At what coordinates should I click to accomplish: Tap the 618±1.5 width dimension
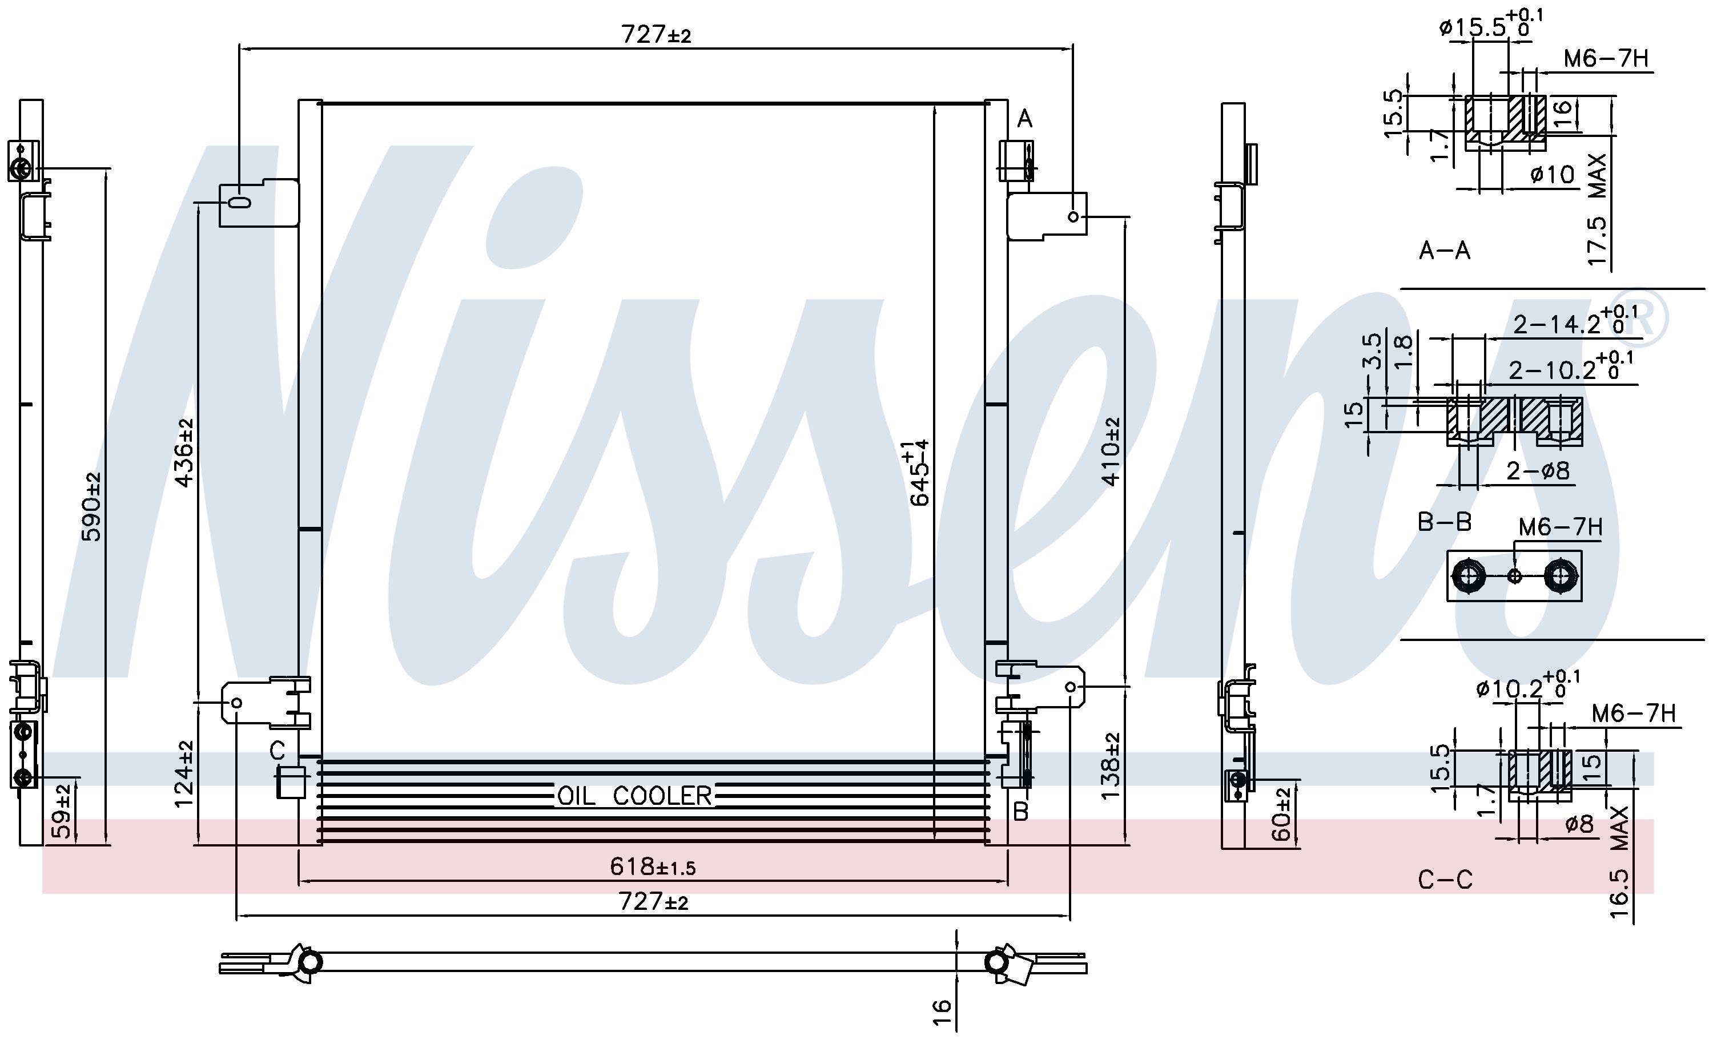(653, 867)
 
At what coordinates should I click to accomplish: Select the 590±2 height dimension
(92, 507)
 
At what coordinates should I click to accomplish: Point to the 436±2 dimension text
(183, 453)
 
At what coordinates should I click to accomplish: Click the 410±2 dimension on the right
(1111, 452)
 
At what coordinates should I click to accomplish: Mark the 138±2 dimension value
(1111, 765)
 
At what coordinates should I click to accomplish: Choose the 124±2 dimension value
(183, 774)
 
